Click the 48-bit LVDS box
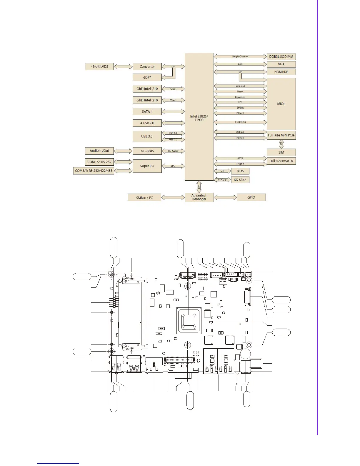click(x=99, y=66)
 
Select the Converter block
click(x=147, y=66)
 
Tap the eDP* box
click(x=147, y=77)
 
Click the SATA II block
click(x=147, y=111)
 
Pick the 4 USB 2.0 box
click(x=147, y=123)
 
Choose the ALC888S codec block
click(x=147, y=151)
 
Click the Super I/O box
click(x=147, y=166)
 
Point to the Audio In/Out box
click(x=99, y=151)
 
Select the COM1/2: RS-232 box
click(x=99, y=162)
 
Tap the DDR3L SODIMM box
click(x=281, y=56)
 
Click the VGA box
click(x=281, y=64)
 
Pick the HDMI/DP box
click(x=281, y=72)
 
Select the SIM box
click(x=281, y=152)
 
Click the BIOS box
click(x=240, y=171)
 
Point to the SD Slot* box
click(x=240, y=180)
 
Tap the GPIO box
click(x=251, y=197)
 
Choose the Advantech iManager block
click(x=199, y=197)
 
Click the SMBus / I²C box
click(x=144, y=198)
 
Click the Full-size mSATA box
click(x=281, y=161)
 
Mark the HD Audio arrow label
click(x=173, y=151)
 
